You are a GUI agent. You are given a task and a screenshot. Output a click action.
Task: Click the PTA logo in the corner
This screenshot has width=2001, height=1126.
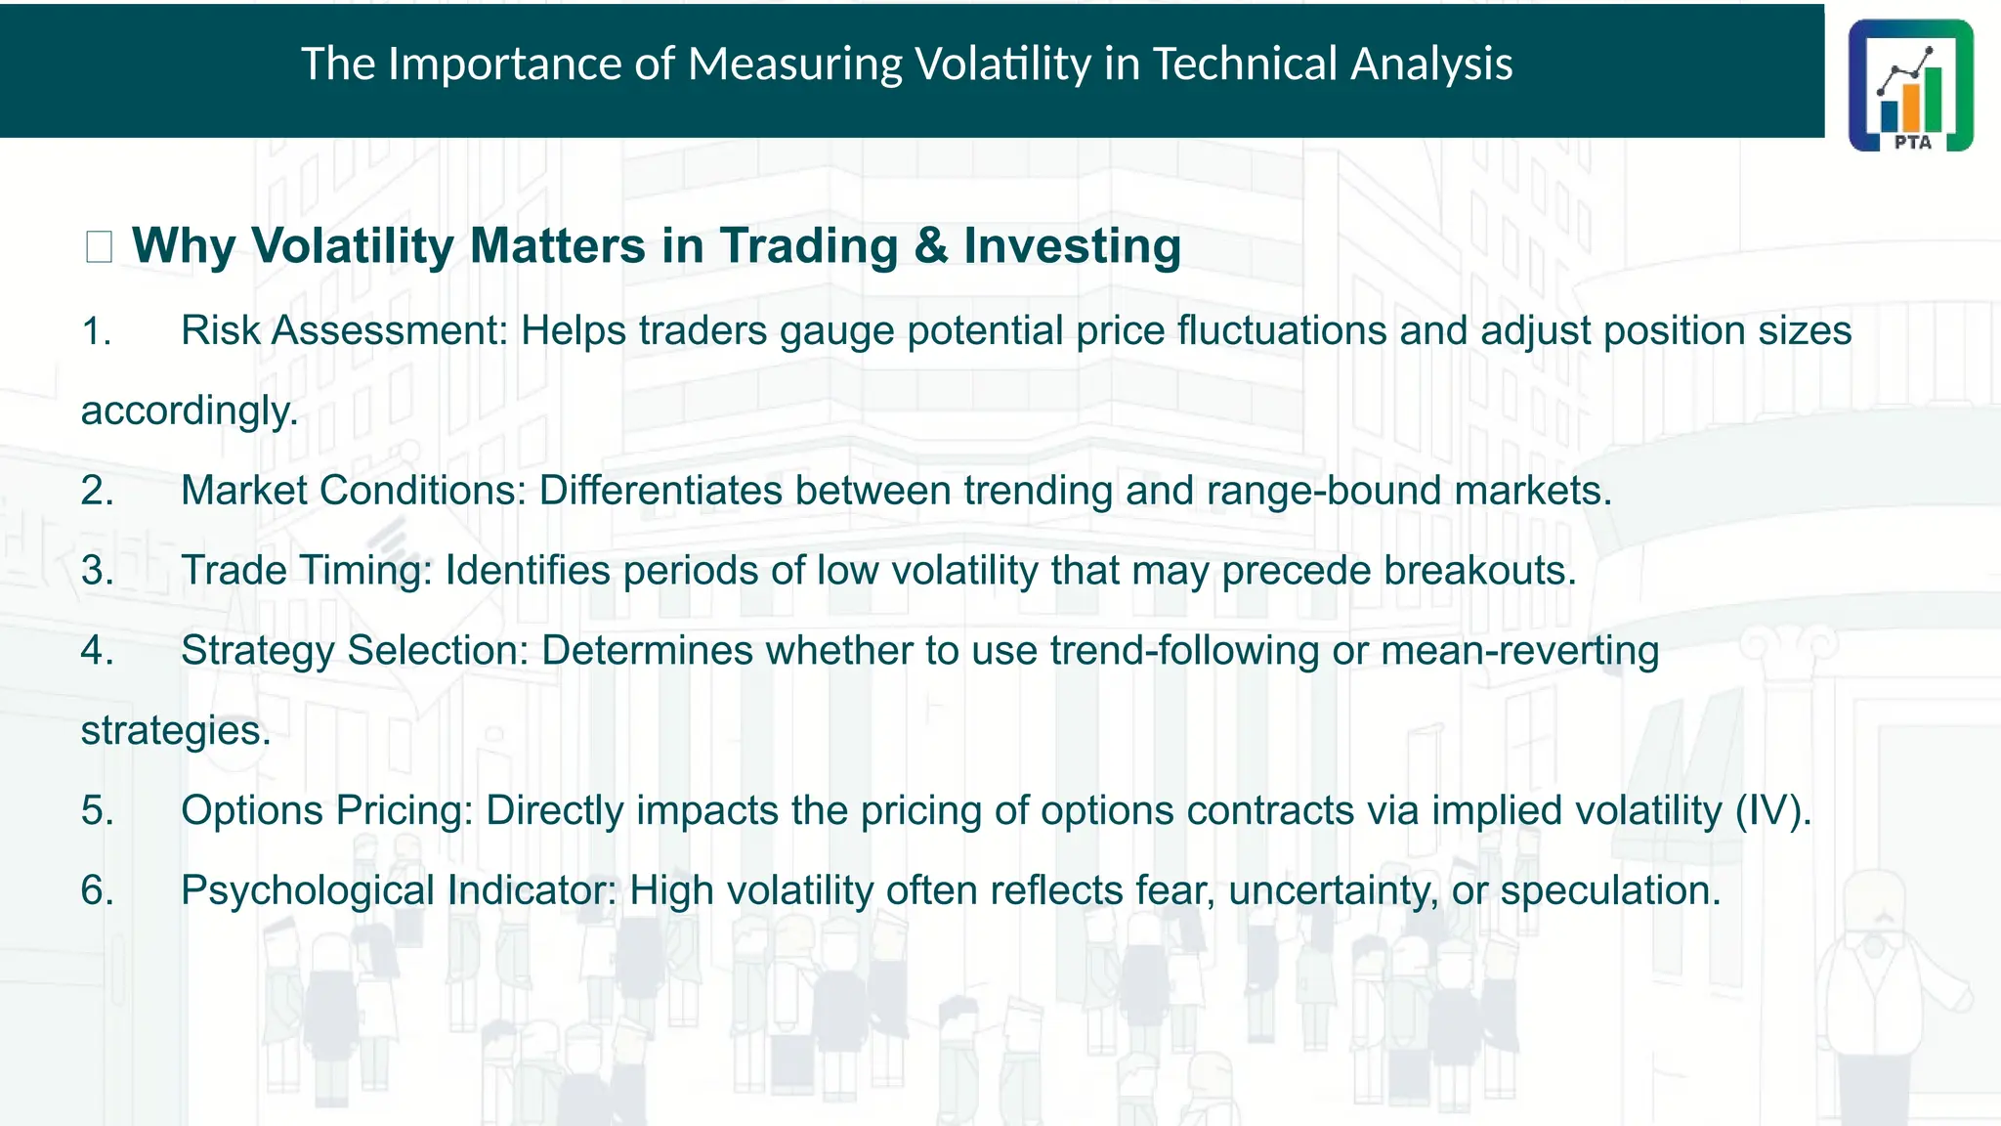click(x=1910, y=85)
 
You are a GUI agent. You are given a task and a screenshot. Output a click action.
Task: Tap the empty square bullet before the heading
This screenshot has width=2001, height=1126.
click(x=99, y=246)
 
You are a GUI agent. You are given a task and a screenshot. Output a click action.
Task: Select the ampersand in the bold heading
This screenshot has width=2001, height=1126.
click(x=930, y=245)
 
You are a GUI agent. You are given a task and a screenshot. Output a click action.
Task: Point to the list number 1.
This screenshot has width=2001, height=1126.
click(x=95, y=331)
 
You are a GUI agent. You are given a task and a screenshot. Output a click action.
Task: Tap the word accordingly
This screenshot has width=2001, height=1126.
click(x=189, y=411)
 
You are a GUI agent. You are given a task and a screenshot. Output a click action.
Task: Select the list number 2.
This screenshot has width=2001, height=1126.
click(x=97, y=491)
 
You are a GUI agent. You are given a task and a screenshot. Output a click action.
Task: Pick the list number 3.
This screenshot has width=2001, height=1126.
click(x=97, y=571)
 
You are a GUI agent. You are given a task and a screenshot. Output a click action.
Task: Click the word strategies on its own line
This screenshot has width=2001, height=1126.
click(x=175, y=731)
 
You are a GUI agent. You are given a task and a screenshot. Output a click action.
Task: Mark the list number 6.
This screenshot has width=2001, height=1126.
click(x=97, y=890)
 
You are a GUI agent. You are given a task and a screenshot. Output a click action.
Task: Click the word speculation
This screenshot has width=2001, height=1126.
click(x=1609, y=890)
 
